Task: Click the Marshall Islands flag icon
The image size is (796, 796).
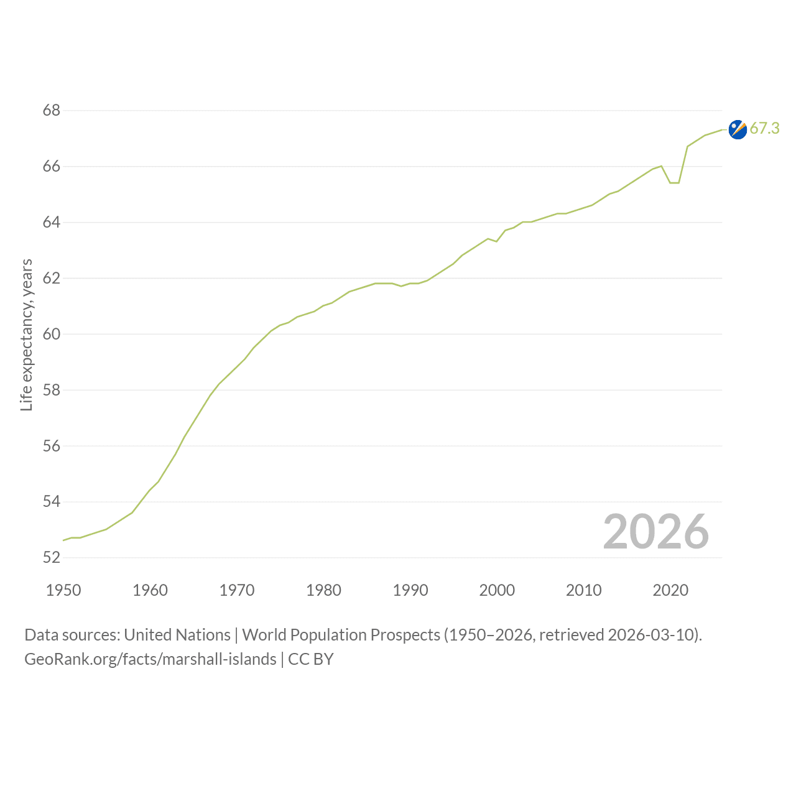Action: point(738,130)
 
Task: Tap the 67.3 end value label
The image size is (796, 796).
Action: point(765,129)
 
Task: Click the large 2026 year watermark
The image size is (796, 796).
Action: point(656,532)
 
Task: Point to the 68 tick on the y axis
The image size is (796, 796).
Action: point(52,110)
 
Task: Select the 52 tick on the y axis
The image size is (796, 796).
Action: point(52,558)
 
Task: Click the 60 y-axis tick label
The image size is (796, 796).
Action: point(52,334)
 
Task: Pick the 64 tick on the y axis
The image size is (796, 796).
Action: point(52,222)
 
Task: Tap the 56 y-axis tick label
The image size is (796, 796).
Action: point(52,446)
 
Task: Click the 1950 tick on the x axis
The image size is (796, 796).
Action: point(63,590)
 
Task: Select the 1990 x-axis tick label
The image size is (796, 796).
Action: point(410,590)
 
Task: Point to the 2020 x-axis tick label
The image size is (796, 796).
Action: point(670,590)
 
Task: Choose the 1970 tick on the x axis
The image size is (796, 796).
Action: point(237,590)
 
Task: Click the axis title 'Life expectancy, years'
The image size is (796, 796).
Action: point(27,335)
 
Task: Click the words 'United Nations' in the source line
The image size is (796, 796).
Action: point(177,635)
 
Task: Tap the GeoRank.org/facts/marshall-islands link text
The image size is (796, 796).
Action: point(150,659)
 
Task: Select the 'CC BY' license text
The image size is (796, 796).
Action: point(311,659)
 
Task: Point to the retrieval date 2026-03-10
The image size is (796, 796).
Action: point(653,635)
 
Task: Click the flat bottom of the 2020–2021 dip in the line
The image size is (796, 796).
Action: point(675,183)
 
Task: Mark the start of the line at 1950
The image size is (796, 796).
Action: point(63,540)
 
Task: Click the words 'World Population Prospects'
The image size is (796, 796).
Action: point(341,635)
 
